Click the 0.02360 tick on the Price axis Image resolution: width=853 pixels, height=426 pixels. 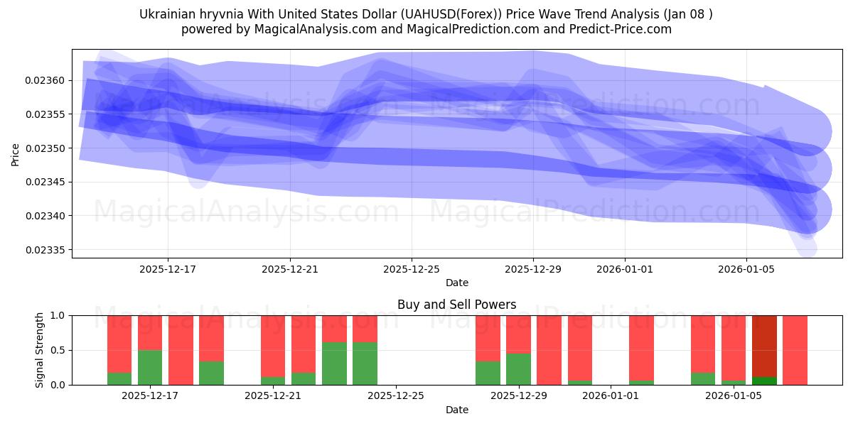point(44,80)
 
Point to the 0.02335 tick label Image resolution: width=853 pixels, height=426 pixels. point(44,250)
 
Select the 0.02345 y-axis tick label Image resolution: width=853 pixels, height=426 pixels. point(44,182)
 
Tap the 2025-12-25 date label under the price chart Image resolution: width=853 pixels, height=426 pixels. point(412,269)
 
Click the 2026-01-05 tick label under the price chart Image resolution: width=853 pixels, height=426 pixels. point(746,269)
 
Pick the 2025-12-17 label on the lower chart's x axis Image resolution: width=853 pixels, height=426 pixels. point(150,396)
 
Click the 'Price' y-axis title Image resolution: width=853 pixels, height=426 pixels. point(16,153)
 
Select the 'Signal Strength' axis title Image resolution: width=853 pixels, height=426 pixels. point(40,350)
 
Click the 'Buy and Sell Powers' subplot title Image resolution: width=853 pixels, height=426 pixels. point(456,305)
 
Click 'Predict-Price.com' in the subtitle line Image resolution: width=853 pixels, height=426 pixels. point(623,29)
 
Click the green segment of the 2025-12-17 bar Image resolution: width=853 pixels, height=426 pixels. point(150,367)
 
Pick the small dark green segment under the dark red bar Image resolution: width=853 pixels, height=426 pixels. point(764,381)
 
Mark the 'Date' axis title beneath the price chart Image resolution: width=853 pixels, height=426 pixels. point(456,283)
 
